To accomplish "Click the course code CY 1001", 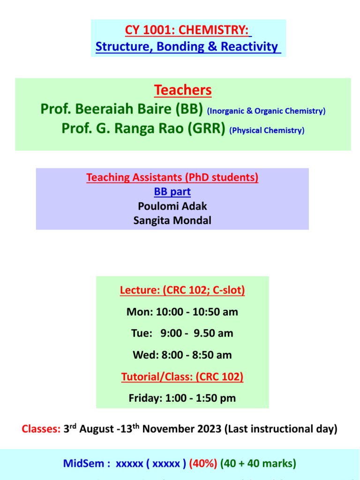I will (150, 30).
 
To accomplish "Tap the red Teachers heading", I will (183, 90).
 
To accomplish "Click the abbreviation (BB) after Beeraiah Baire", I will (189, 110).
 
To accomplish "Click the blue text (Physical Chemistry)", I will (267, 130).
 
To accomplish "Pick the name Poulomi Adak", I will (172, 206).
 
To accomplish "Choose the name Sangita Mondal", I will (172, 220).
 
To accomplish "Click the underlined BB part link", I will (172, 192).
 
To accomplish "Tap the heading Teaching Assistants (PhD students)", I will (172, 178).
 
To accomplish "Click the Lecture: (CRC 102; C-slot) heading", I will (182, 291).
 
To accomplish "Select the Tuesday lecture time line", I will (182, 333).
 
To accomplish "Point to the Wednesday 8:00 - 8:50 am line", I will (182, 355).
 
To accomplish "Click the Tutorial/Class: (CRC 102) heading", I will (182, 376).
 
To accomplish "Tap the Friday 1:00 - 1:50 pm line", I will (182, 398).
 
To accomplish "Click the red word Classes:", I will (41, 429).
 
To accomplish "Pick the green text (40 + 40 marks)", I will (258, 464).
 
